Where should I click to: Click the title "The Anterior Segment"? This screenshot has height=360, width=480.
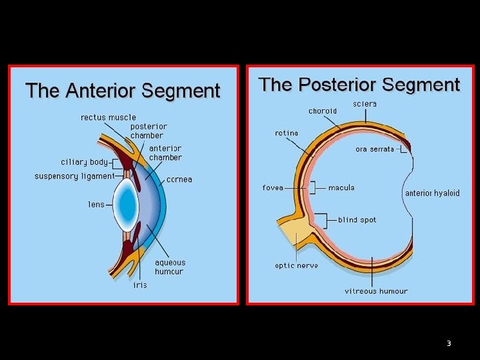[123, 91]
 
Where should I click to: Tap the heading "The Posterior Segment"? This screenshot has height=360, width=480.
[359, 85]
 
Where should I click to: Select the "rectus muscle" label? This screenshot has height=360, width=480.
[108, 117]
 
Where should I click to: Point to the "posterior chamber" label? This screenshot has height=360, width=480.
[149, 131]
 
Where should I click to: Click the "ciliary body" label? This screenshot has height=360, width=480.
[84, 162]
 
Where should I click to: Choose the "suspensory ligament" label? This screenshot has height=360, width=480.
[75, 176]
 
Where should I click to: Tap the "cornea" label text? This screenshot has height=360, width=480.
[179, 179]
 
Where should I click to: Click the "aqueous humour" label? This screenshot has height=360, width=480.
[170, 267]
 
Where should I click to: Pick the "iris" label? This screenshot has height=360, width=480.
[140, 285]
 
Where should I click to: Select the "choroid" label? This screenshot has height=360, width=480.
[323, 111]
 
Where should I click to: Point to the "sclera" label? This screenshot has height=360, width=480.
[365, 104]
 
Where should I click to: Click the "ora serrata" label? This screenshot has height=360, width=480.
[375, 149]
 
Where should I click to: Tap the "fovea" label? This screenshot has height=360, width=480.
[273, 187]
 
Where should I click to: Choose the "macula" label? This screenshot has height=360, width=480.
[341, 187]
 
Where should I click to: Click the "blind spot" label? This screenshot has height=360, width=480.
[357, 220]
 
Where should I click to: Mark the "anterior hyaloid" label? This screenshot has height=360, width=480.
[432, 193]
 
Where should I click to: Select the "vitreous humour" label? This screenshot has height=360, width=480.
[376, 291]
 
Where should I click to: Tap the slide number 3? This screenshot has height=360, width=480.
[449, 343]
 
